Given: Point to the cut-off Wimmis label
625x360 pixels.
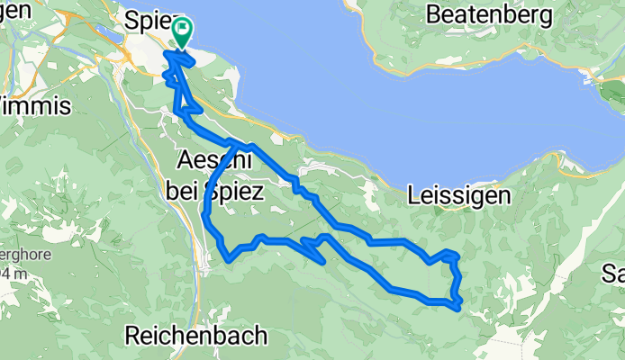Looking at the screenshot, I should click(36, 106).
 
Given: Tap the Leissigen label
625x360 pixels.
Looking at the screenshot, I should click(458, 194).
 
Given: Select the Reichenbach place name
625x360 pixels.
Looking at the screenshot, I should click(196, 337).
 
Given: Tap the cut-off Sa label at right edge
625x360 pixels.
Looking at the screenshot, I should click(613, 274).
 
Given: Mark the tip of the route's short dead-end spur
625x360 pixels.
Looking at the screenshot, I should click(323, 262).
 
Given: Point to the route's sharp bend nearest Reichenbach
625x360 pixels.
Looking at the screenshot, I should click(231, 261).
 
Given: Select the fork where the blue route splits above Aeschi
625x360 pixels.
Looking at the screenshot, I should click(235, 144).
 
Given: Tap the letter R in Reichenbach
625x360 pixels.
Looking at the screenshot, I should click(133, 337).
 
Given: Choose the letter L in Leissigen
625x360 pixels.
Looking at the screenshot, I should click(413, 194).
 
